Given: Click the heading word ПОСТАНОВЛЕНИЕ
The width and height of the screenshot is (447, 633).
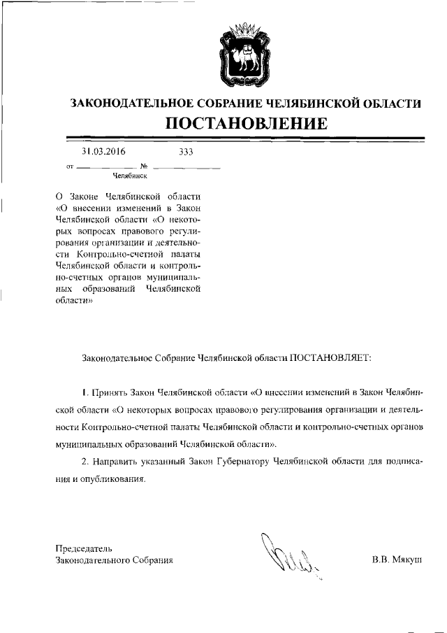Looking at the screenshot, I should [246, 125].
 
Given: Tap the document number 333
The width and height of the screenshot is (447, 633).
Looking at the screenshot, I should [186, 152].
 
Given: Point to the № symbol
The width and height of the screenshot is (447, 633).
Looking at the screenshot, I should [143, 166].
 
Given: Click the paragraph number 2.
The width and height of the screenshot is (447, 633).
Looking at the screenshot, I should [84, 462].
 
